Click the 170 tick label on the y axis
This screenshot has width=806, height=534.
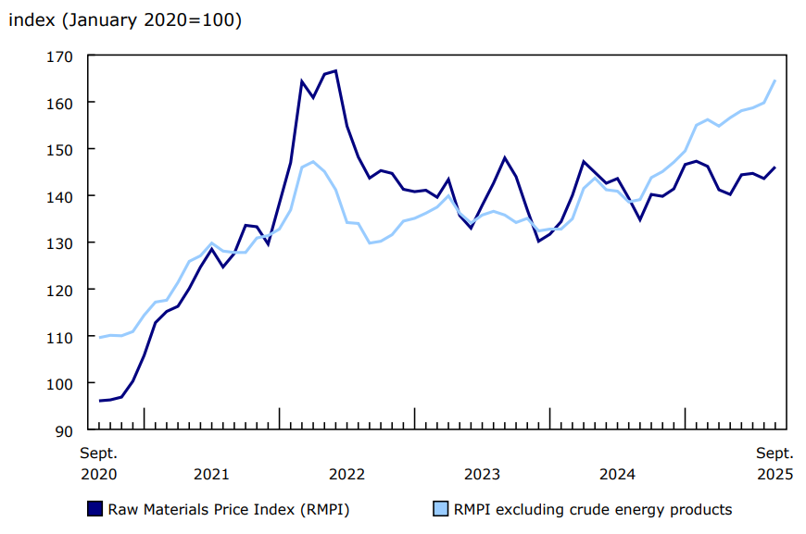pyautogui.click(x=59, y=56)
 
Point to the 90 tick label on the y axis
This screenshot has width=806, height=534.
pyautogui.click(x=63, y=430)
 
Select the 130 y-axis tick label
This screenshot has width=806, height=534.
pyautogui.click(x=59, y=242)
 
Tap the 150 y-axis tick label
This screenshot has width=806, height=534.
pyautogui.click(x=59, y=149)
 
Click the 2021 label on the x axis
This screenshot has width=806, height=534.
pyautogui.click(x=211, y=474)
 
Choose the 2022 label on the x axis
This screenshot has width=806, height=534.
pyautogui.click(x=346, y=474)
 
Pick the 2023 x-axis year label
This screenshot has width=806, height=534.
pyautogui.click(x=482, y=474)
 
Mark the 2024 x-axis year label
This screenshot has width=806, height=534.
pyautogui.click(x=617, y=474)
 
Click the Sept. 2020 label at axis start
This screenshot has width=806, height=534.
pyautogui.click(x=98, y=464)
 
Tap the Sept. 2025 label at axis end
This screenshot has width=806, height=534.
pyautogui.click(x=775, y=464)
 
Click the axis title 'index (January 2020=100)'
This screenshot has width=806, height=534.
pyautogui.click(x=125, y=20)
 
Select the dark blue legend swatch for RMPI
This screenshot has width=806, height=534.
pyautogui.click(x=94, y=509)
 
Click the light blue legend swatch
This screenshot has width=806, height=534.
pyautogui.click(x=442, y=509)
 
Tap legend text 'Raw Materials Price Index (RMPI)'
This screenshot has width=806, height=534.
pyautogui.click(x=229, y=509)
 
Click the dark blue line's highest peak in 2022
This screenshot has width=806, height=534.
pyautogui.click(x=335, y=70)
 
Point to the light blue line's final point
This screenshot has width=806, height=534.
pyautogui.click(x=775, y=81)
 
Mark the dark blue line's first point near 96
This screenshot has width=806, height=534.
pyautogui.click(x=99, y=401)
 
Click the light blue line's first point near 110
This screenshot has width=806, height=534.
pyautogui.click(x=99, y=337)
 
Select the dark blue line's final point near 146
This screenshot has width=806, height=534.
pyautogui.click(x=775, y=168)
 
